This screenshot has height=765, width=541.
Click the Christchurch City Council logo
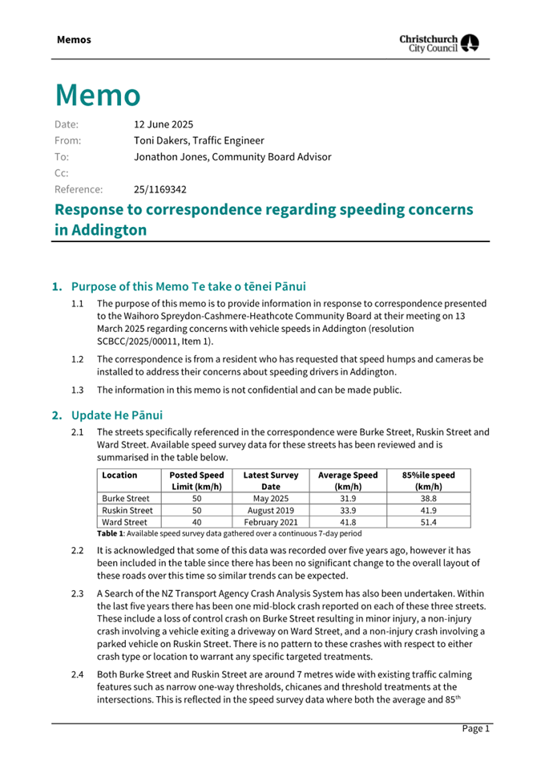point(440,42)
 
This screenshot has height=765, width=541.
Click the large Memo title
point(98,95)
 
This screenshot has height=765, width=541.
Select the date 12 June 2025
point(164,124)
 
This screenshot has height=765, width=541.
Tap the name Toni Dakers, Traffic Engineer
point(198,140)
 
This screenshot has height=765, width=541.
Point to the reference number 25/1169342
point(160,190)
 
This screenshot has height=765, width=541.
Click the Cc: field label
point(61,173)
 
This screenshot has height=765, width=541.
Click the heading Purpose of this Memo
point(188,286)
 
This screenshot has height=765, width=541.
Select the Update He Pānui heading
point(117,415)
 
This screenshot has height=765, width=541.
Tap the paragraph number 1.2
point(78,359)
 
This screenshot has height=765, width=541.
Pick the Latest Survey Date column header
point(270,481)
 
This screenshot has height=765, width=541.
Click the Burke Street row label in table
point(126,498)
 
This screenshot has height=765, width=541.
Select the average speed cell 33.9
point(348,510)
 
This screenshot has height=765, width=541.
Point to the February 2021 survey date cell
point(270,521)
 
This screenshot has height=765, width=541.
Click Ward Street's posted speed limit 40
point(196,521)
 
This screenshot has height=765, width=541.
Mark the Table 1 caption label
point(107,532)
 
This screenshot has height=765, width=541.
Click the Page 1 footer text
point(474,728)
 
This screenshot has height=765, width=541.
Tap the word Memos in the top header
point(74,39)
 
